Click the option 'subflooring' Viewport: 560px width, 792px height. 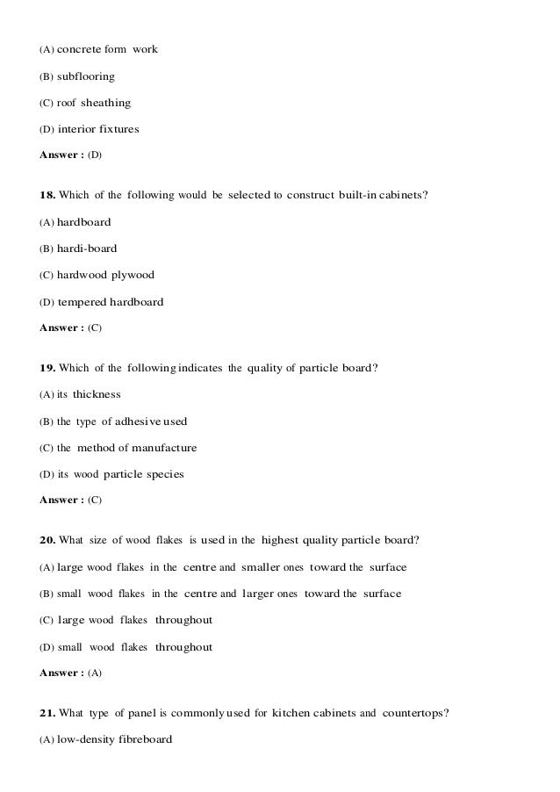click(x=86, y=76)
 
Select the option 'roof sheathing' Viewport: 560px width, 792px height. click(x=94, y=103)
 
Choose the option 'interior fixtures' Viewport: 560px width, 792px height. click(x=98, y=129)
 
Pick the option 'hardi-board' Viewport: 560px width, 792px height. click(x=87, y=248)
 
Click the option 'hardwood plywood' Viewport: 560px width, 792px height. click(x=105, y=275)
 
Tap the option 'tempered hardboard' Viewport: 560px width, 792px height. click(x=111, y=302)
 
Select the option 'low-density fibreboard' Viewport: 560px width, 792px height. click(x=115, y=739)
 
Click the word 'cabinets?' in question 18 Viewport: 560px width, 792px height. click(x=403, y=194)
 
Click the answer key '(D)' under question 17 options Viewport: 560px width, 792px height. click(x=95, y=155)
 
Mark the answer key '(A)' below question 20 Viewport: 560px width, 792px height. click(x=95, y=673)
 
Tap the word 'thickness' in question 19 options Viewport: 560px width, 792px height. click(x=97, y=394)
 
